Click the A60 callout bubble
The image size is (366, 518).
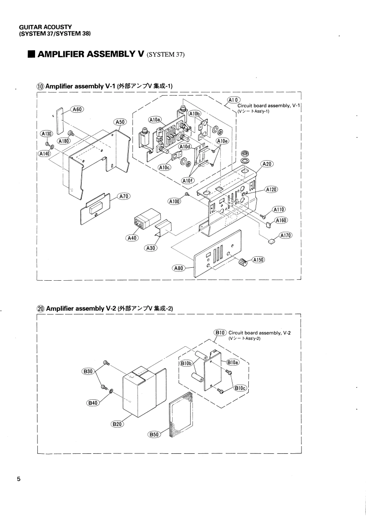78,109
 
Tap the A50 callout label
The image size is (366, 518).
120,122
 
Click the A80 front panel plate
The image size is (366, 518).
217,253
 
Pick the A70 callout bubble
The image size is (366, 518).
124,196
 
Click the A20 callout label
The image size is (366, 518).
267,164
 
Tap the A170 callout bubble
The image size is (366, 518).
286,235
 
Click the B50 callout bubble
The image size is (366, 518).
154,434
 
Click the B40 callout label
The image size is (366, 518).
93,403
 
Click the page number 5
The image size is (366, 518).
19,478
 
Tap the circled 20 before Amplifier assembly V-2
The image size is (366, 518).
41,308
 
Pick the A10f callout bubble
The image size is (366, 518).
188,180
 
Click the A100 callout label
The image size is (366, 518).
174,201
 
